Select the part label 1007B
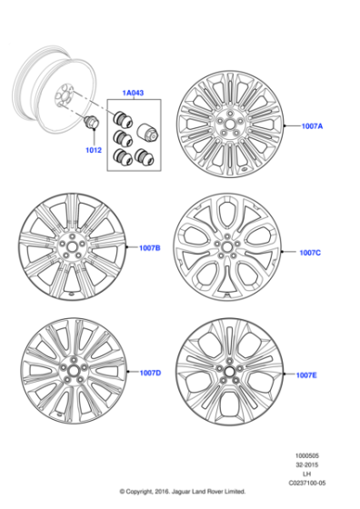tap(149, 247)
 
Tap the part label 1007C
tap(310, 253)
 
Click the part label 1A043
tap(134, 94)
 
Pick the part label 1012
tap(93, 149)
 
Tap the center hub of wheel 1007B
tap(71, 246)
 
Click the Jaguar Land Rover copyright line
tap(182, 496)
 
